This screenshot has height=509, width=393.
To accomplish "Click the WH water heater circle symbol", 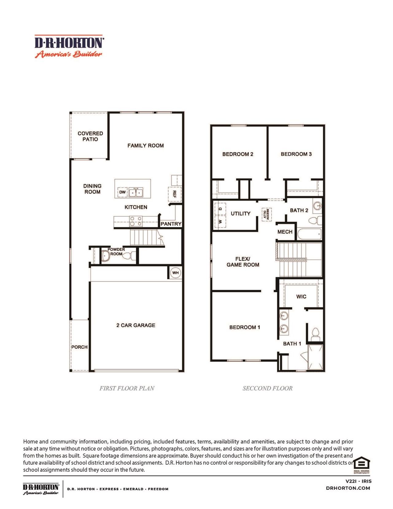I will click(175, 273).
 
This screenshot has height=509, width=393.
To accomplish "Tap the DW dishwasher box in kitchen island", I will click(122, 192).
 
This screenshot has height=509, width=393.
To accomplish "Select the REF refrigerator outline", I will click(174, 194).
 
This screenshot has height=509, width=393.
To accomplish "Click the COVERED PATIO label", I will click(90, 136).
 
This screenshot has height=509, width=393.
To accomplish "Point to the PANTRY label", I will click(171, 224).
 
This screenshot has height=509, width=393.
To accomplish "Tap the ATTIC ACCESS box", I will click(266, 214).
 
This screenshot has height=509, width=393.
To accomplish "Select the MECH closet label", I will click(285, 232).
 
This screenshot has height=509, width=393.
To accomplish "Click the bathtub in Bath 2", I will click(309, 234).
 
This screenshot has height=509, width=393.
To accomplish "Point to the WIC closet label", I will click(301, 296).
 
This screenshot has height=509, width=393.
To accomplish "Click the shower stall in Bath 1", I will click(315, 357).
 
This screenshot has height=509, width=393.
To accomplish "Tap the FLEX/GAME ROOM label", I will click(243, 262).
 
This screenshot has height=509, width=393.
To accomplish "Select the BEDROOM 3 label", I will click(296, 154).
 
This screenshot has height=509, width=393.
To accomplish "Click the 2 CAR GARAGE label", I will click(136, 325).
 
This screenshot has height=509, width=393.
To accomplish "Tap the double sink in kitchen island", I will click(136, 193).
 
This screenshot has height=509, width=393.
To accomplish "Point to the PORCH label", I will click(79, 347).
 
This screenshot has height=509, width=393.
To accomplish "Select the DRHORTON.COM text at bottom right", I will click(348, 488).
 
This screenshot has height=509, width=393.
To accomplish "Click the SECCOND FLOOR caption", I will click(267, 388).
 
